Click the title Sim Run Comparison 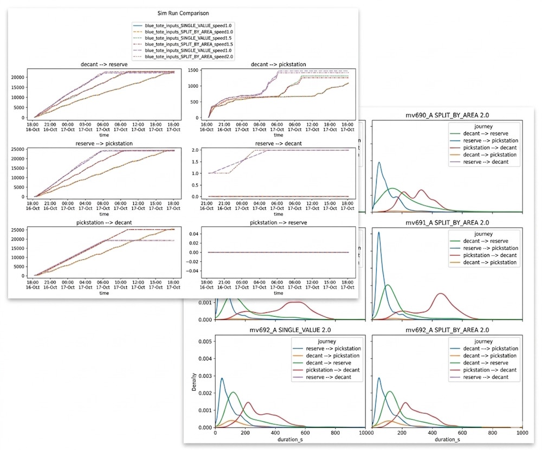183,13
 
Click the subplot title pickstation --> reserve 278,222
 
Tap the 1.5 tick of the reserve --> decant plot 199,163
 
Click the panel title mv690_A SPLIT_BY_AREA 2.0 444,114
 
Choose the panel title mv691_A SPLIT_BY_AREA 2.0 444,222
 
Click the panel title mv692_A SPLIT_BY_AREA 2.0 444,330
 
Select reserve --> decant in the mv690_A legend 481,162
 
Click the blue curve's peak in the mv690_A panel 379,162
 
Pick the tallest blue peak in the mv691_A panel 378,233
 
